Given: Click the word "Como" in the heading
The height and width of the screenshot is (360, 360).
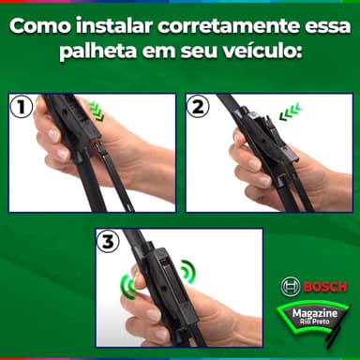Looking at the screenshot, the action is [x=40, y=26].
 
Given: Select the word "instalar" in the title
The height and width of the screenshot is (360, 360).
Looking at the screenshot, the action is [x=114, y=26].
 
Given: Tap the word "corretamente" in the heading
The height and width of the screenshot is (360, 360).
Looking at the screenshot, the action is [x=228, y=26].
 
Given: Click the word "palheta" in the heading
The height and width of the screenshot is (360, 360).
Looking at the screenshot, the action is [x=98, y=52].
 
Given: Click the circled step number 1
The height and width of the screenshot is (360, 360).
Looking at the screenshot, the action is [x=22, y=107].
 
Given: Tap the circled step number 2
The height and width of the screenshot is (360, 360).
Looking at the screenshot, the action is [x=198, y=107].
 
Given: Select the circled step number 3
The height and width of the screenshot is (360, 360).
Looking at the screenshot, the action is [x=108, y=243].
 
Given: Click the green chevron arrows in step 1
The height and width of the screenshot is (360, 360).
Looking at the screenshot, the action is [x=96, y=111].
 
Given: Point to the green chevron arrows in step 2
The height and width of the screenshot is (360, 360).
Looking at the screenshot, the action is [x=290, y=112].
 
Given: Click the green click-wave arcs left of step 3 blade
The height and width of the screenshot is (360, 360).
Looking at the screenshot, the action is [x=128, y=285].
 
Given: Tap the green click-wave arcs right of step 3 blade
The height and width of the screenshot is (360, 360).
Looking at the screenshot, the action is [x=188, y=271].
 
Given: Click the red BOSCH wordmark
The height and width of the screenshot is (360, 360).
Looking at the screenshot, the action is [x=325, y=287].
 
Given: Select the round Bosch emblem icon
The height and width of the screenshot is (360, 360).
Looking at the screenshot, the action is [x=291, y=287].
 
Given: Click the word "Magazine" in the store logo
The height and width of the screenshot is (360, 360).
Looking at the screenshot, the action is [x=315, y=313].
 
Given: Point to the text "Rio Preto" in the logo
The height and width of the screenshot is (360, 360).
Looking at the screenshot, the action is [x=315, y=322].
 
